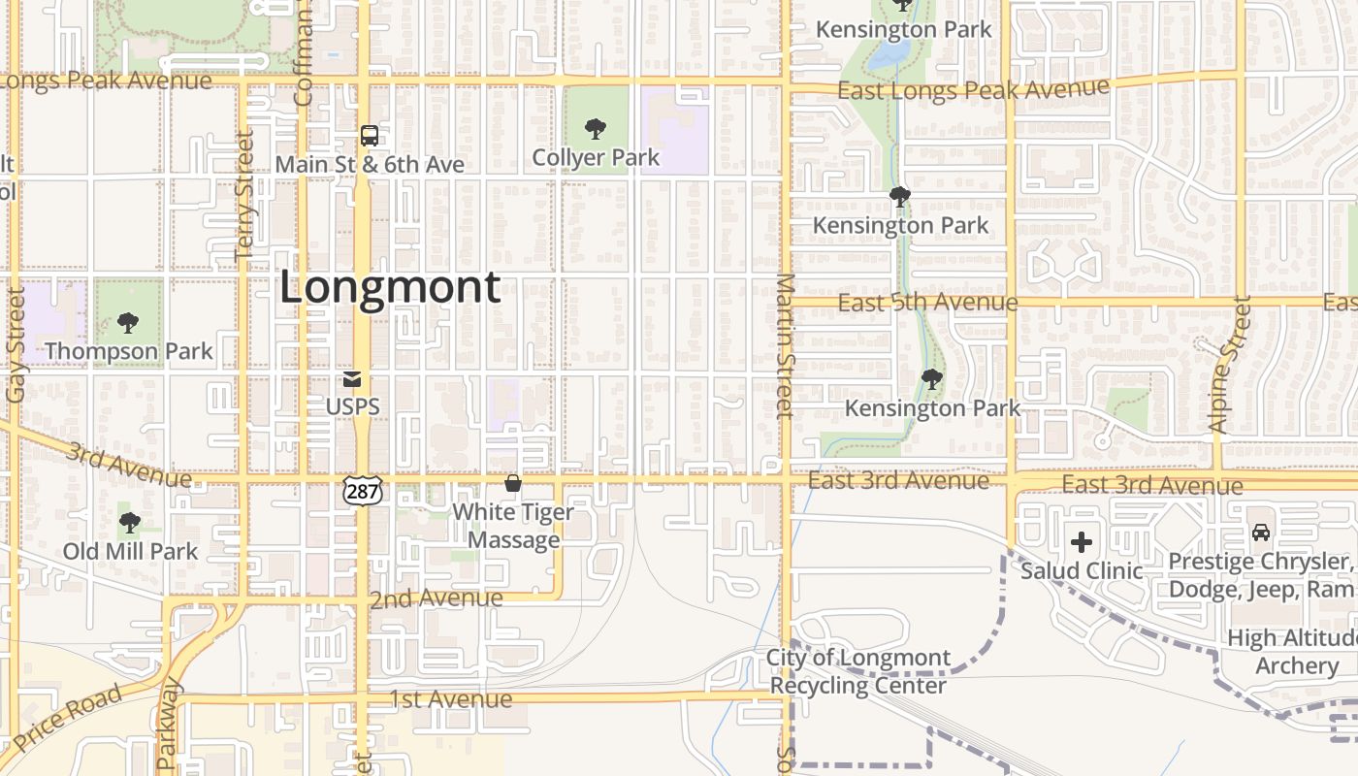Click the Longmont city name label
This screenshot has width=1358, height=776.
390,288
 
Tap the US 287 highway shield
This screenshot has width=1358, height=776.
362,491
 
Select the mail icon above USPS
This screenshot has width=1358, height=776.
352,380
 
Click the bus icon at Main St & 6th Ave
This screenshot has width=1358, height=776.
370,136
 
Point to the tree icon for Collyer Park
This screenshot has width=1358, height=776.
596,129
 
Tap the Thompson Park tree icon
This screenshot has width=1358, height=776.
127,323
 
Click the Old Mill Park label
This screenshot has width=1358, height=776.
130,551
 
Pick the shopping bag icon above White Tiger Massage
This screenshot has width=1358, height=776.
513,482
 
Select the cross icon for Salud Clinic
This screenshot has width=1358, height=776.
1082,542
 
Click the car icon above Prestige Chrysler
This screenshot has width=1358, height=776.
1260,533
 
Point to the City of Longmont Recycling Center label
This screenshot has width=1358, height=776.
858,671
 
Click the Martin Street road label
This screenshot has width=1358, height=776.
785,345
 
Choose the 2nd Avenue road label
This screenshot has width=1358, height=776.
436,598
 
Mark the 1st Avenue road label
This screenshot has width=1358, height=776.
451,698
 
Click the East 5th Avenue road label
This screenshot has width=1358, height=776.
927,303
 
